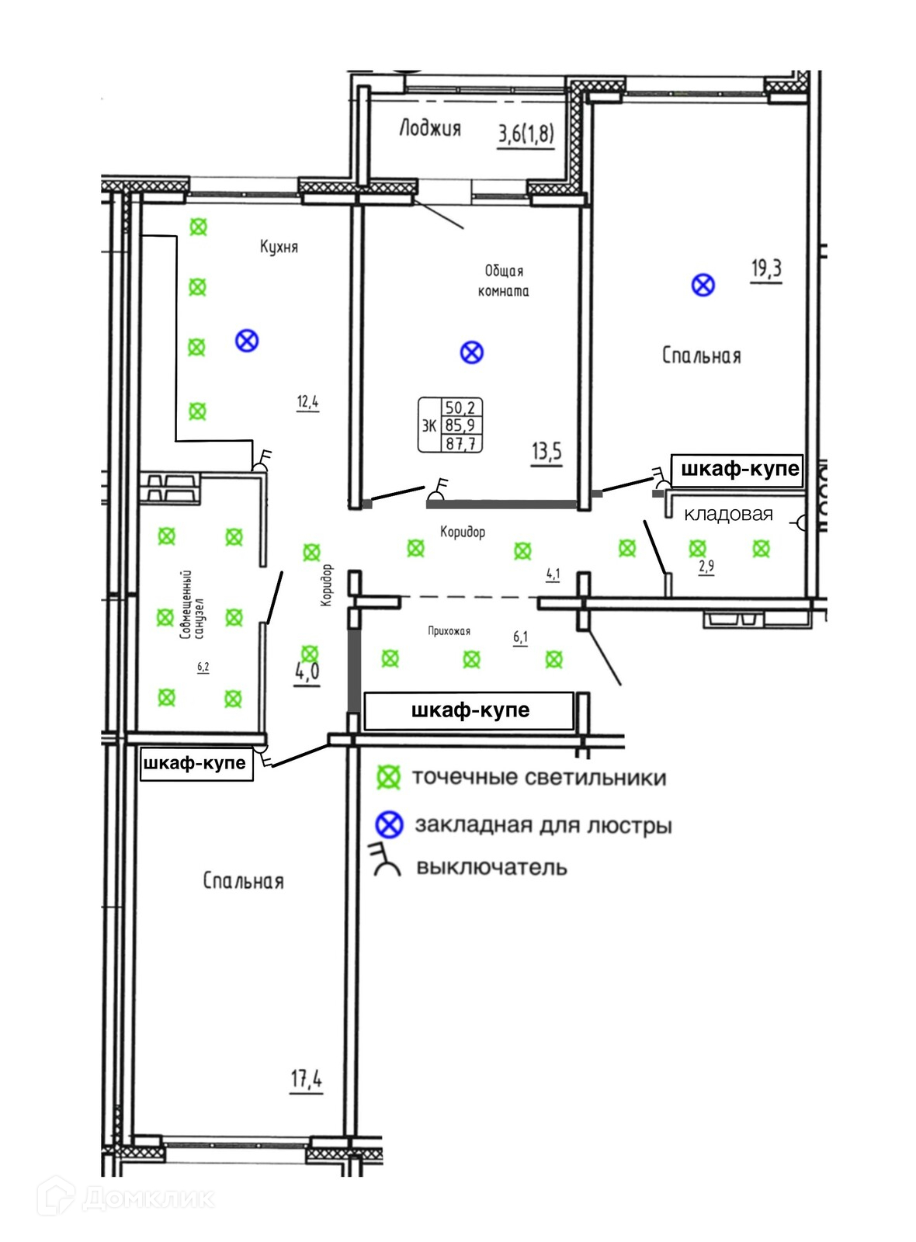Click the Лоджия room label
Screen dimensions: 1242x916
[x=430, y=128]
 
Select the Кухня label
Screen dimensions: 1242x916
[x=279, y=247]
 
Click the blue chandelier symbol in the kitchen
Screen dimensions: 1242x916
[x=247, y=340]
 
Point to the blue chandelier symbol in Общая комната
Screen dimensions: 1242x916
[x=472, y=352]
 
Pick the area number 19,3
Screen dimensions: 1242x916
[x=766, y=269]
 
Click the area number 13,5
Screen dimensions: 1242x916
[x=546, y=451]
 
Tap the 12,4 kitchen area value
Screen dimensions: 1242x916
[x=307, y=402]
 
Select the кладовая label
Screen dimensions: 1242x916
[x=728, y=514]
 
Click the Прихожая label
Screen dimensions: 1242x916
[x=449, y=631]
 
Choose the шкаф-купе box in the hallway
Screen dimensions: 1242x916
[x=470, y=710]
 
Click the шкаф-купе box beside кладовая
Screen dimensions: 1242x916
[x=739, y=469]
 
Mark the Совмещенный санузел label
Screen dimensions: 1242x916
[x=192, y=605]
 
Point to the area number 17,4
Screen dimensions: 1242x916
[x=307, y=1078]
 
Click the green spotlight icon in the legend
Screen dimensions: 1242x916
[x=388, y=778]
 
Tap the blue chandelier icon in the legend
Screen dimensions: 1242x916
[x=389, y=824]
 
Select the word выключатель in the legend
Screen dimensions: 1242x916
[x=491, y=867]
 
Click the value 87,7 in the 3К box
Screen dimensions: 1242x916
[x=461, y=444]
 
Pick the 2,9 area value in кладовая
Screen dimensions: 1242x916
[x=706, y=567]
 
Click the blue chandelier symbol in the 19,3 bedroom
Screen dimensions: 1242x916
[x=703, y=285]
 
